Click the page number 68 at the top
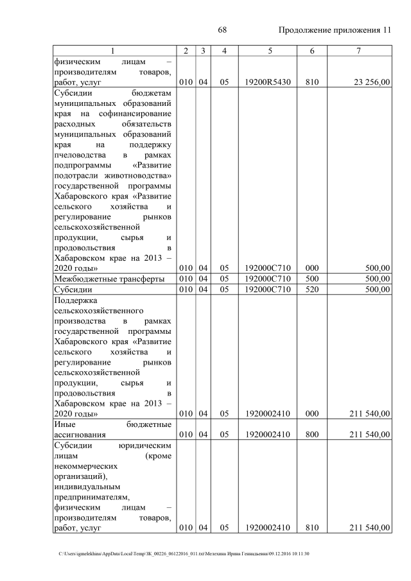click(x=223, y=30)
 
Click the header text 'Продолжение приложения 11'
click(x=335, y=30)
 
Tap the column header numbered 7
click(x=359, y=51)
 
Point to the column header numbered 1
click(x=112, y=51)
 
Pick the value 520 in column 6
click(x=312, y=289)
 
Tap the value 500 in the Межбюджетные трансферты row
click(x=312, y=278)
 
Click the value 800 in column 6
click(x=312, y=435)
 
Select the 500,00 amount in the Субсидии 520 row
click(x=377, y=289)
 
